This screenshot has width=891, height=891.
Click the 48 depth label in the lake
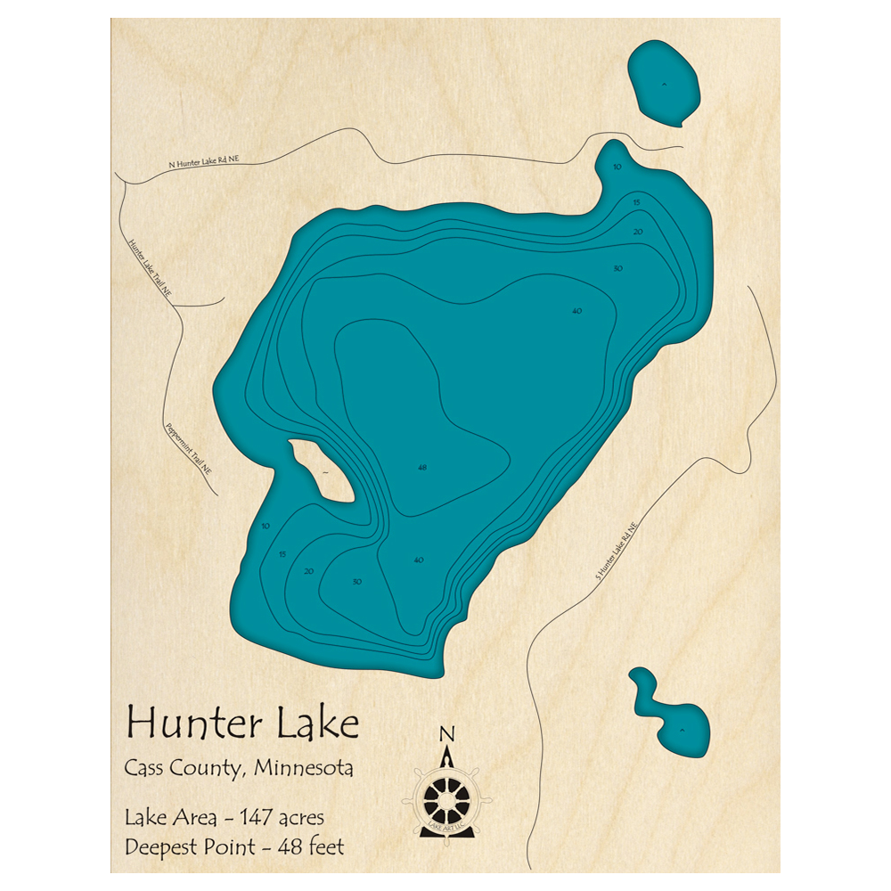421,467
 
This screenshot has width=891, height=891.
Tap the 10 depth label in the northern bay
617,167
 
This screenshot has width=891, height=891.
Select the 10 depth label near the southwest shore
266,527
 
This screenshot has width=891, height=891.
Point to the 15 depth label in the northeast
636,203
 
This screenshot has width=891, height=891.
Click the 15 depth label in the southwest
282,554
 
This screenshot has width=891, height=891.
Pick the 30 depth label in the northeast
617,268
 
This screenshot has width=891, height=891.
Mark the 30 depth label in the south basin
356,582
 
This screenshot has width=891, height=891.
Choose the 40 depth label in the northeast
576,310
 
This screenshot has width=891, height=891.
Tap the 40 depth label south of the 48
418,560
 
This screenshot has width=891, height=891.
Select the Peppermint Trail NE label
188,446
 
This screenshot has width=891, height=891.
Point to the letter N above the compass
446,734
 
